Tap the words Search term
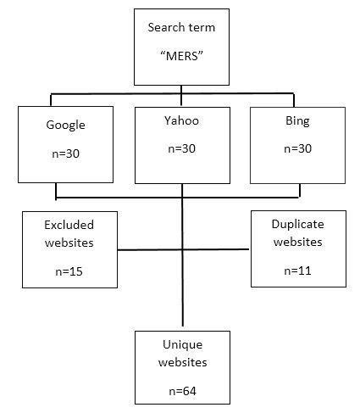click(x=180, y=27)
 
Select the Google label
click(x=66, y=125)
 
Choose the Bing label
click(x=297, y=123)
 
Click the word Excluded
click(x=69, y=225)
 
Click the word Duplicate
click(x=297, y=224)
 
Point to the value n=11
click(x=297, y=270)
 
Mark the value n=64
click(x=180, y=392)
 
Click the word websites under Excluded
click(x=69, y=243)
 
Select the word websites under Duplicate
click(x=297, y=242)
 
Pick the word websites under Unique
click(x=180, y=363)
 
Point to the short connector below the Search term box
click(x=182, y=88)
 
